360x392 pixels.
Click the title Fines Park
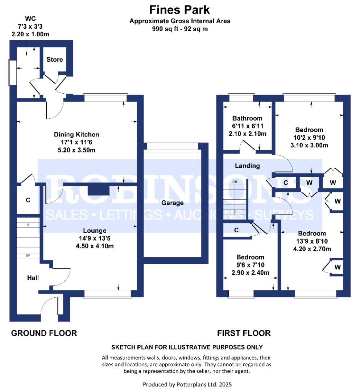(x=179, y=10)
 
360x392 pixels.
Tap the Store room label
(x=55, y=60)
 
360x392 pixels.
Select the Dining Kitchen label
(x=76, y=135)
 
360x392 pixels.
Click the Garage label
(x=173, y=203)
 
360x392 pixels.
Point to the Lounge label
(x=95, y=230)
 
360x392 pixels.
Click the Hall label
(x=33, y=278)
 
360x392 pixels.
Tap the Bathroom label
(x=247, y=118)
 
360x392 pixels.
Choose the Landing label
(x=247, y=166)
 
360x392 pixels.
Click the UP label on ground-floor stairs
(x=28, y=256)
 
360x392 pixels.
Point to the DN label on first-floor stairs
(x=235, y=181)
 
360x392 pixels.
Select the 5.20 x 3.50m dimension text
(x=76, y=150)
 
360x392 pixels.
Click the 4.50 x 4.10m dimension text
(x=95, y=246)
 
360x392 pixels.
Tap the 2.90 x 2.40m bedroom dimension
(x=251, y=273)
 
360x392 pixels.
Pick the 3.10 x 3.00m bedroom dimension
(x=309, y=145)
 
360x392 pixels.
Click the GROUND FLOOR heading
(x=44, y=333)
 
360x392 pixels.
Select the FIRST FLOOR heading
(x=244, y=333)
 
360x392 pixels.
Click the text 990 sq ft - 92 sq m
(x=180, y=29)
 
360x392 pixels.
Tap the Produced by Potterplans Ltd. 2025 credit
(x=187, y=384)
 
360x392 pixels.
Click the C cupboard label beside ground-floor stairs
(x=28, y=200)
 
